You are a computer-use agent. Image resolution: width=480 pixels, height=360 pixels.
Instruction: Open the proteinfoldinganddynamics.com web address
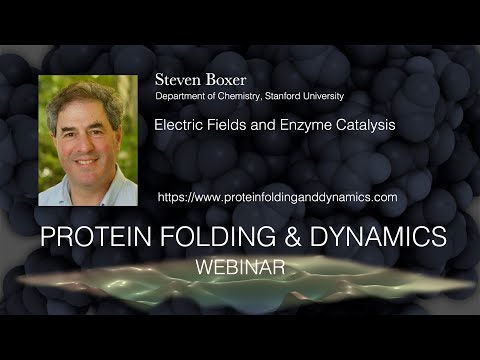tap(277, 197)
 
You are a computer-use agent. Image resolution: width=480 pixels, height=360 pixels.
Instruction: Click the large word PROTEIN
tap(97, 237)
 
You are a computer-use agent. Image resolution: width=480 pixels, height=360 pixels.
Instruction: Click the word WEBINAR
tap(240, 268)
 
